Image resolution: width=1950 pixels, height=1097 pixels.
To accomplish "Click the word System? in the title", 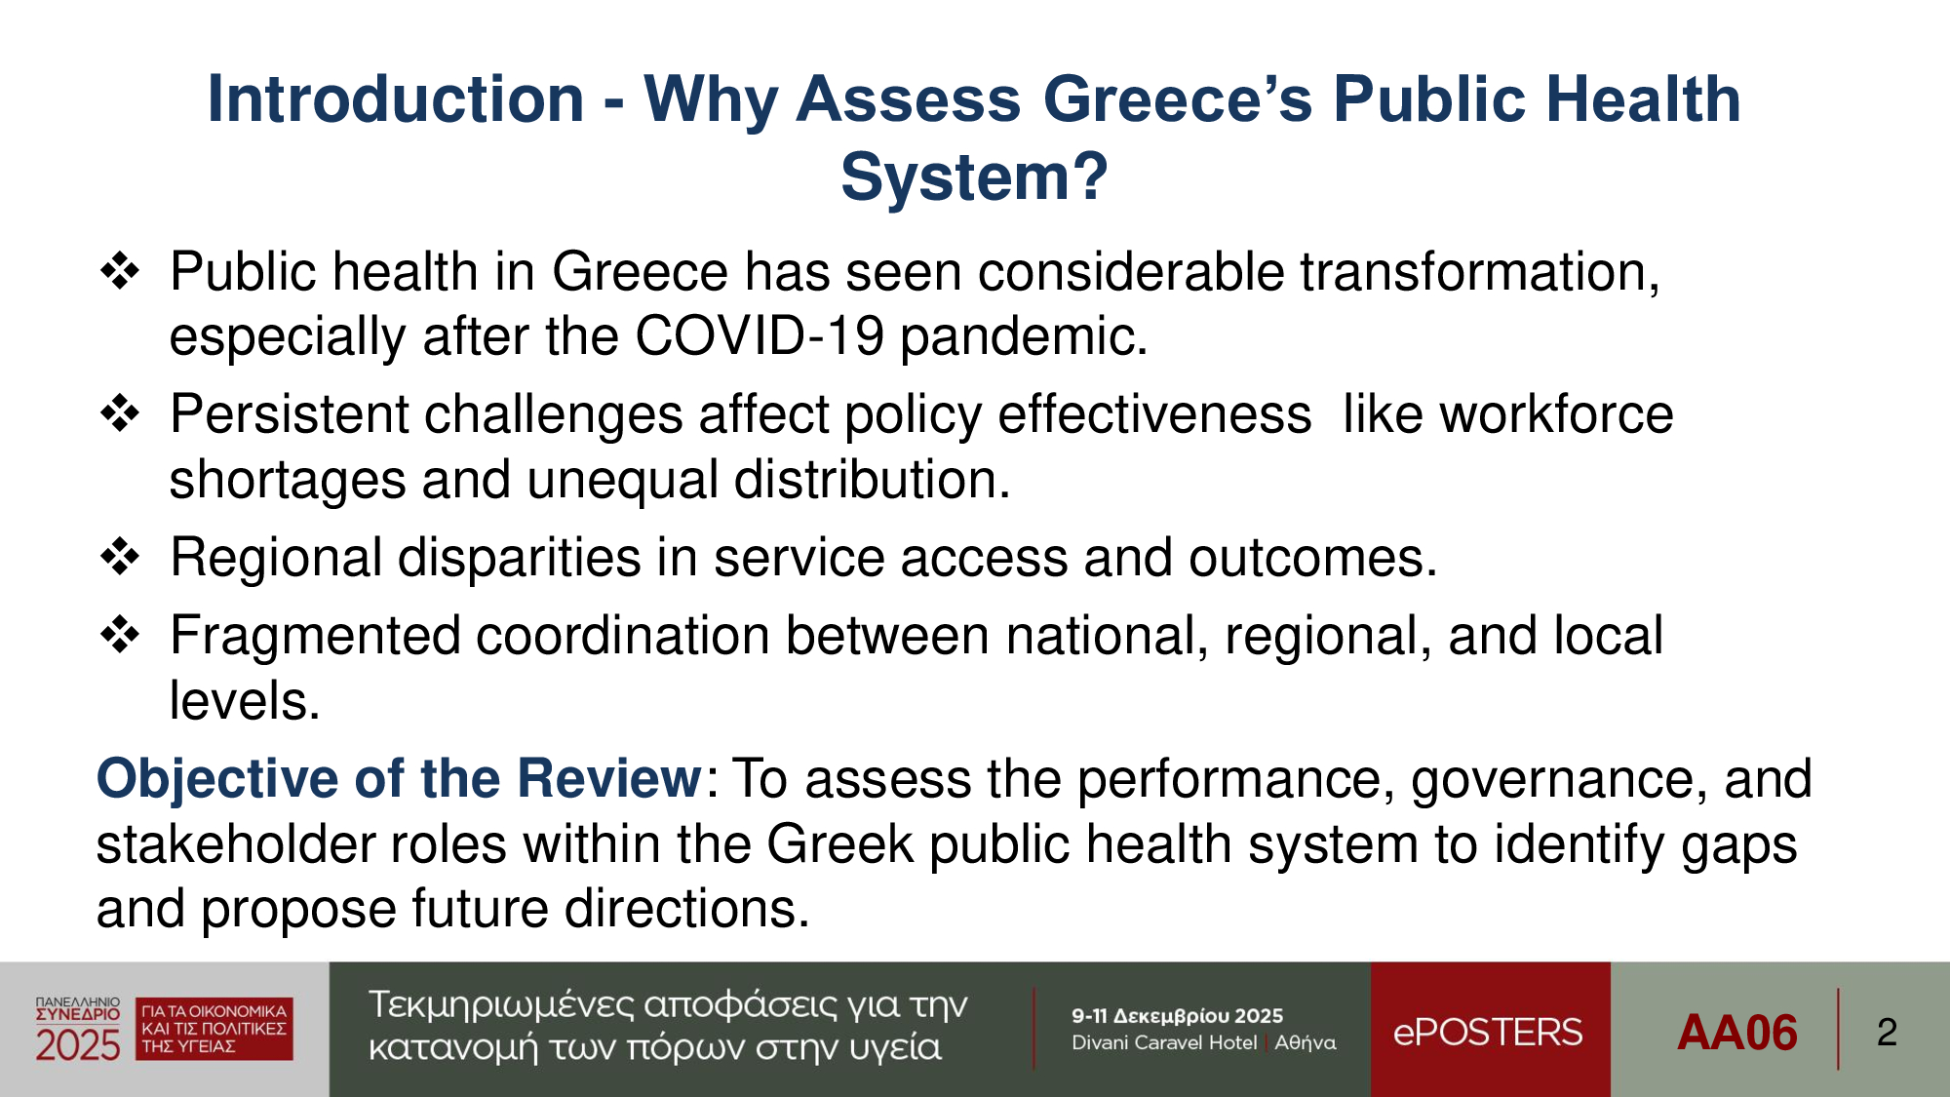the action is (974, 177).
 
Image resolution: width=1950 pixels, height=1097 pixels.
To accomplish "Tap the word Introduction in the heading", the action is (396, 99).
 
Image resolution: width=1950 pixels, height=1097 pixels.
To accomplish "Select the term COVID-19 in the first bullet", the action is (760, 336).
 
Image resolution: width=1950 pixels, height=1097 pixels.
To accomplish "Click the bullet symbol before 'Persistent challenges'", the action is (120, 413).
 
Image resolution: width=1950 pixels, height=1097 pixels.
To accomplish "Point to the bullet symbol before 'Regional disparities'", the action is (120, 557).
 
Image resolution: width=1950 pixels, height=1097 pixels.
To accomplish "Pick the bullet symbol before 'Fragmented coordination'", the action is (120, 635).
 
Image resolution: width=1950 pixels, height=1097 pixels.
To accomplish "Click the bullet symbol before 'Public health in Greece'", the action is (120, 270).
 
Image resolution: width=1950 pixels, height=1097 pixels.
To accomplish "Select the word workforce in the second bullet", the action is (1557, 414).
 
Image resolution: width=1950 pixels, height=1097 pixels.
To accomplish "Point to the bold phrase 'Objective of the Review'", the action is (399, 778).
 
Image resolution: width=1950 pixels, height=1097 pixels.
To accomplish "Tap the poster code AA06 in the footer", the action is (1737, 1032).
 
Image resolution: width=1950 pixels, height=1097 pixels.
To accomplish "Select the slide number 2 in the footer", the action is (1887, 1032).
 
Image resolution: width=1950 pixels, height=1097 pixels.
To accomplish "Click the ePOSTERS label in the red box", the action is (1488, 1032).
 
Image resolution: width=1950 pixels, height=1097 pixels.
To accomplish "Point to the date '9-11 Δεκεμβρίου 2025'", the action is (1177, 1016).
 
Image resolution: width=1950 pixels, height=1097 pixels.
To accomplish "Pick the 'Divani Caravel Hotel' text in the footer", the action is (1164, 1042).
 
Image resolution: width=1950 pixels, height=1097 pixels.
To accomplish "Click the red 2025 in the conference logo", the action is (78, 1045).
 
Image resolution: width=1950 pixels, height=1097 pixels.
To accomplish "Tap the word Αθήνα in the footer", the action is (1306, 1042).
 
